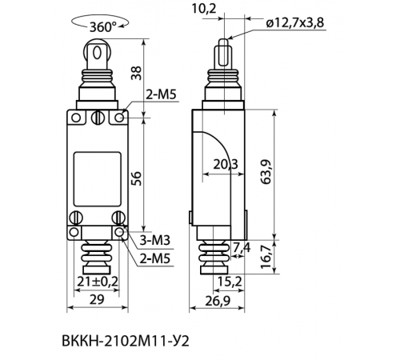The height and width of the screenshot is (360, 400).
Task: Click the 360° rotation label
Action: (102, 26)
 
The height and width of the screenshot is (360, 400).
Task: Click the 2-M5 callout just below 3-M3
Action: (155, 258)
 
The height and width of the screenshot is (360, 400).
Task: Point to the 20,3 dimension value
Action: (226, 165)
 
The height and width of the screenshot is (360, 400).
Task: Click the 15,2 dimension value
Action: (229, 281)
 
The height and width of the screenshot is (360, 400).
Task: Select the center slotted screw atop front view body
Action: (98, 119)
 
